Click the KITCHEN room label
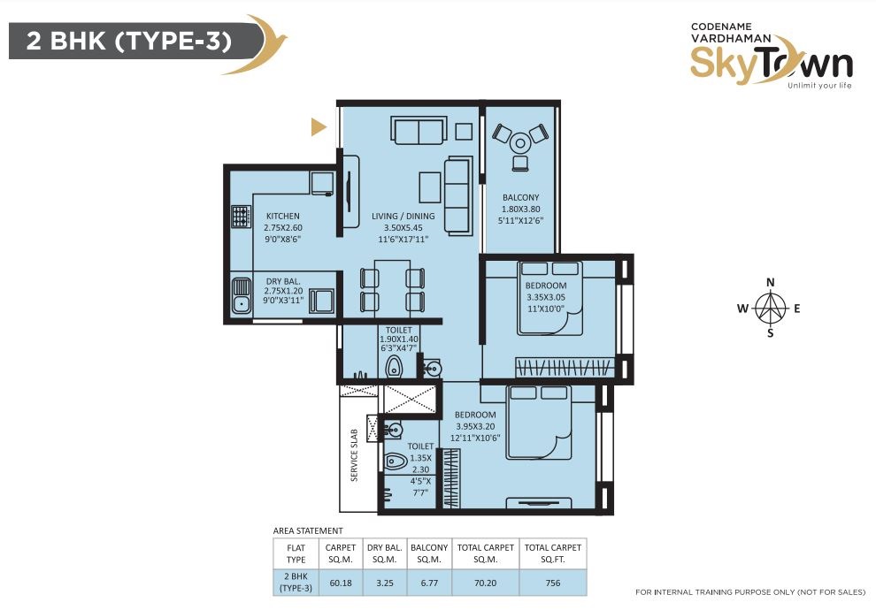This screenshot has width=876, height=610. [x=282, y=216]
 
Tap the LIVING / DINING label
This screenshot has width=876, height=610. [x=403, y=216]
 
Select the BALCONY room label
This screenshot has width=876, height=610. [x=520, y=197]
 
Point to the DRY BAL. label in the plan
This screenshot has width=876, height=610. [x=282, y=281]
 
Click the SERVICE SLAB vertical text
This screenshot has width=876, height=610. [x=354, y=455]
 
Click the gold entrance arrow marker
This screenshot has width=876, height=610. [x=319, y=127]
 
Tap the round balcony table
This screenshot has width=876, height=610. [x=520, y=143]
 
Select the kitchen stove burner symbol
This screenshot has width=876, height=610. [x=241, y=216]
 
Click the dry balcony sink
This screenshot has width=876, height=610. [x=242, y=296]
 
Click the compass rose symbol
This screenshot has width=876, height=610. [x=771, y=308]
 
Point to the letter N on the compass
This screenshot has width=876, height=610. [x=771, y=282]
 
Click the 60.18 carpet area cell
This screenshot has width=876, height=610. [x=341, y=583]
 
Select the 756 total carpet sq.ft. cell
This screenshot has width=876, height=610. [x=552, y=583]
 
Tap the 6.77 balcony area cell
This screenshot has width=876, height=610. [x=429, y=583]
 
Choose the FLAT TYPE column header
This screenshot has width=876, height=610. [x=296, y=553]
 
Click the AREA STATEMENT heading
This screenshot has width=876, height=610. [x=308, y=530]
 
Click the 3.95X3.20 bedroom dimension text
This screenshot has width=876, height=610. [x=475, y=426]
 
